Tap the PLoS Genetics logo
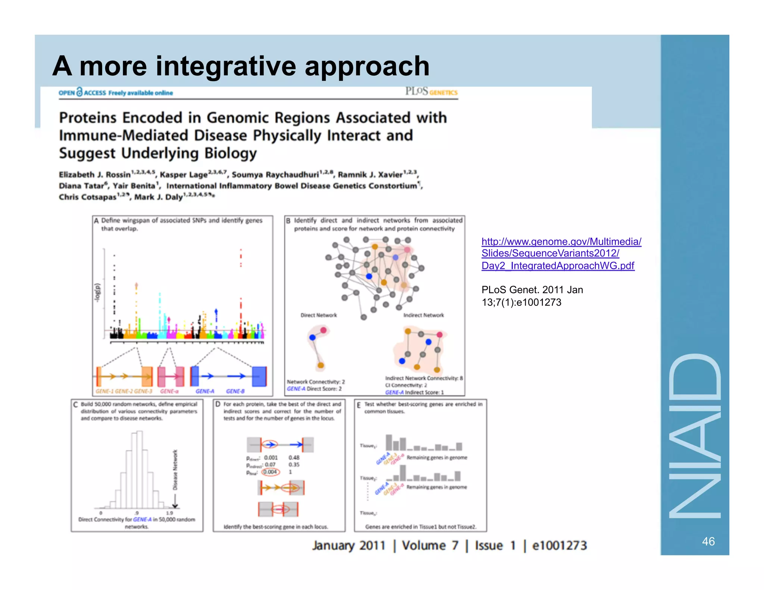431,92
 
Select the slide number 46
708,541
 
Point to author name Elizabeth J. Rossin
95,175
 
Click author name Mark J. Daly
159,197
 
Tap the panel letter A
96,221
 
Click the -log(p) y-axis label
98,293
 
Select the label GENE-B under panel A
235,391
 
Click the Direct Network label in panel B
318,315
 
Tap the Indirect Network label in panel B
423,315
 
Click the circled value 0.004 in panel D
270,472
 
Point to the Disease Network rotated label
175,470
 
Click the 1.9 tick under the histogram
169,513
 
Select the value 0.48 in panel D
294,458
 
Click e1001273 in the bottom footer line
559,546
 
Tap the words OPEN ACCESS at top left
82,92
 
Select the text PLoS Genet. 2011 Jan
532,290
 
